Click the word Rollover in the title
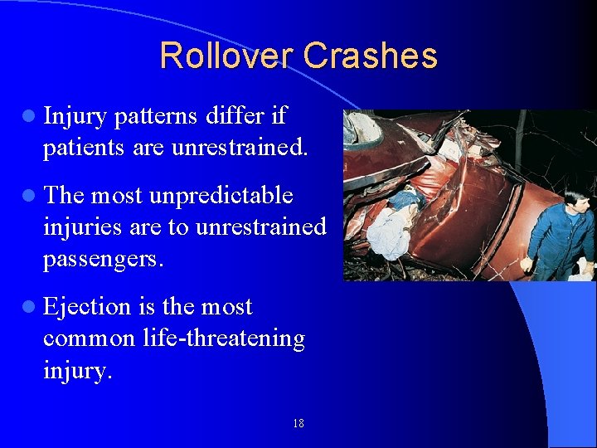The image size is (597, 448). pyautogui.click(x=227, y=56)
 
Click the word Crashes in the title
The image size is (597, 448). pyautogui.click(x=370, y=56)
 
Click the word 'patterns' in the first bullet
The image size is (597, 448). pyautogui.click(x=155, y=117)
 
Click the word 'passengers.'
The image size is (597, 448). pyautogui.click(x=104, y=258)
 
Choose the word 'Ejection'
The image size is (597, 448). pyautogui.click(x=87, y=308)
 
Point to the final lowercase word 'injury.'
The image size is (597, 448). pyautogui.click(x=76, y=370)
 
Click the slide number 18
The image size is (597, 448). pyautogui.click(x=298, y=424)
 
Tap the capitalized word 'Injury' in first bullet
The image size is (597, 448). pyautogui.click(x=75, y=117)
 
